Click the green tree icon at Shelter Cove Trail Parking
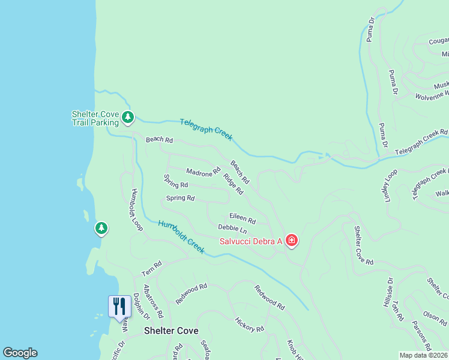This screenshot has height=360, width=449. [x=127, y=117]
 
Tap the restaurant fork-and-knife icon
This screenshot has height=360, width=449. [x=119, y=306]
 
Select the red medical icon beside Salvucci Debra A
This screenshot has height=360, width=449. [x=292, y=241]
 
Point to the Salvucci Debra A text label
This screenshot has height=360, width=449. [x=251, y=241]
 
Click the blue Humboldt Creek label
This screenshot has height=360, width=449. [x=181, y=237]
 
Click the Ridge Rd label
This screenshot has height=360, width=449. [x=233, y=184]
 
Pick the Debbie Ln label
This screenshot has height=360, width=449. [x=232, y=229]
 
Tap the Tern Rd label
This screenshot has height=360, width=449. [x=152, y=269]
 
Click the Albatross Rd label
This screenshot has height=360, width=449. [x=153, y=301]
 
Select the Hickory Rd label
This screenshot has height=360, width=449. [x=249, y=325]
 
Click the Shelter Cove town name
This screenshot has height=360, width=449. [x=171, y=331]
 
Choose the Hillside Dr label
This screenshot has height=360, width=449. [x=388, y=292]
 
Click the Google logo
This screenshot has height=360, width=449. [x=20, y=353]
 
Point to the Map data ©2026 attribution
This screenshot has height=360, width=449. [x=423, y=355]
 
